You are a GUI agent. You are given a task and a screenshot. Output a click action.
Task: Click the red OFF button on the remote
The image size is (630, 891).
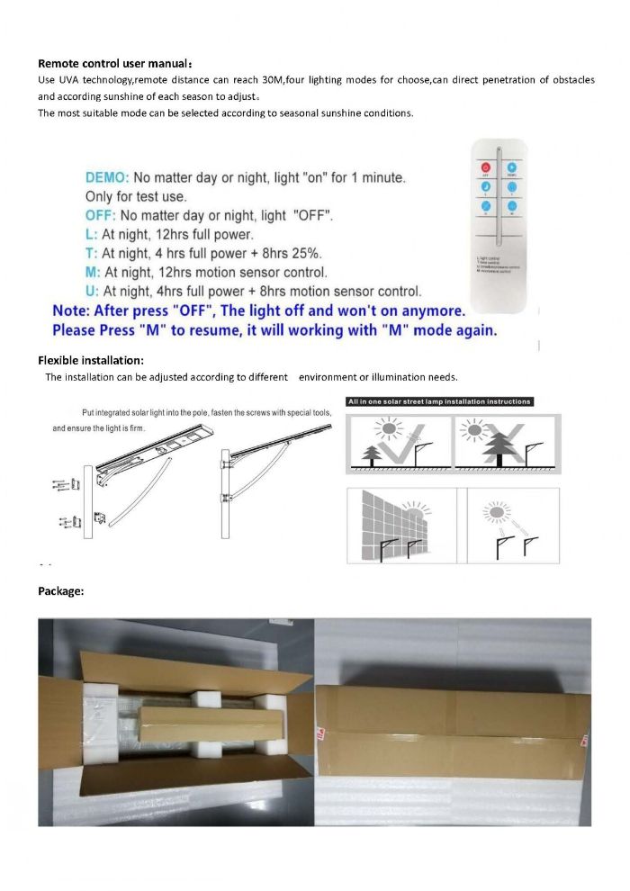485,167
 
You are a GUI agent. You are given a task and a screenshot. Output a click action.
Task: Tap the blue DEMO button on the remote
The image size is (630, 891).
511,167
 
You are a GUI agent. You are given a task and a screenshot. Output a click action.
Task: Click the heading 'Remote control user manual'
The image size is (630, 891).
114,64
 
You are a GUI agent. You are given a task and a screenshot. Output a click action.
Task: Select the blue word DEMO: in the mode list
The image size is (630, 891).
108,178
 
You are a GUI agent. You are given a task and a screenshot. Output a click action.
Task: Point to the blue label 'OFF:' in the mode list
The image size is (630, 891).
101,216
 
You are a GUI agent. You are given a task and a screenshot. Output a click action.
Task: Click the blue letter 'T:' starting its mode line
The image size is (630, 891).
92,254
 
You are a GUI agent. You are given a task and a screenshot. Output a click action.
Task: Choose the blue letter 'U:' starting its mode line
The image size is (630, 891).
93,291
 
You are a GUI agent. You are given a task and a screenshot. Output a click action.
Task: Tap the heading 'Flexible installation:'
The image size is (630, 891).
92,361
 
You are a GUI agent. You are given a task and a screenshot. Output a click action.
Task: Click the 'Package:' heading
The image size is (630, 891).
61,591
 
